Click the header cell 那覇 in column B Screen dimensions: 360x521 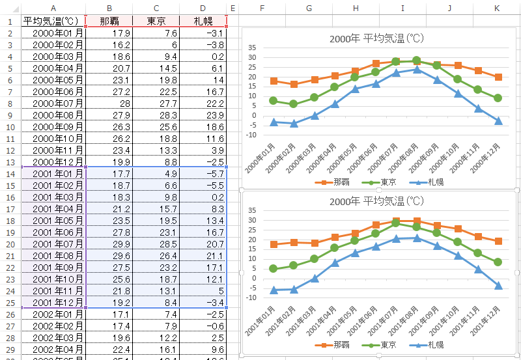[109, 21]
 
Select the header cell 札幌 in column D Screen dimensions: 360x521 [203, 21]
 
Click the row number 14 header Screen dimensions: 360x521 [10, 174]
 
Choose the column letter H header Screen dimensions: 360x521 [356, 8]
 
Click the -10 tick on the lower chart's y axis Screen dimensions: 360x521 [251, 298]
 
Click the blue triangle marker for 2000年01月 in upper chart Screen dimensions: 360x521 [274, 122]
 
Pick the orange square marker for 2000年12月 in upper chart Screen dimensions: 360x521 [498, 77]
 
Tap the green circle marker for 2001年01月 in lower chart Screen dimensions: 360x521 [274, 269]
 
